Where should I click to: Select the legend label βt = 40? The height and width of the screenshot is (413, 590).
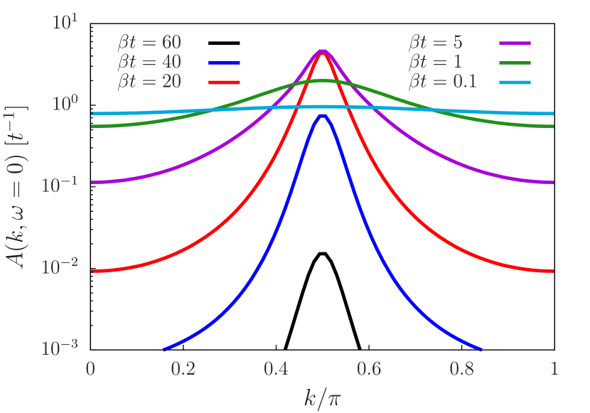point(149,62)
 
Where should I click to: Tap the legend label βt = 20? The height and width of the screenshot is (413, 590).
point(149,82)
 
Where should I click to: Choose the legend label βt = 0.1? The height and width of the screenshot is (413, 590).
point(442,82)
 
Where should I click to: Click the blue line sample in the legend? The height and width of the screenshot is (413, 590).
point(225,63)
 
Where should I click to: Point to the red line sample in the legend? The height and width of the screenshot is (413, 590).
point(225,82)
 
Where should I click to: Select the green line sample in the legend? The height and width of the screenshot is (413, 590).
point(515,63)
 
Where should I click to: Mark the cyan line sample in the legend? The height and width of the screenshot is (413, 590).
point(515,82)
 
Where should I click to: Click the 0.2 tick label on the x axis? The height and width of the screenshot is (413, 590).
point(183,369)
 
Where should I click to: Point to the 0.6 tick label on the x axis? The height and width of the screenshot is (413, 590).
point(369,369)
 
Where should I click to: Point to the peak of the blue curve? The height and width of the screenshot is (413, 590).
point(322,114)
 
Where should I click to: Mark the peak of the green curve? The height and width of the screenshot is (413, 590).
point(322,81)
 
